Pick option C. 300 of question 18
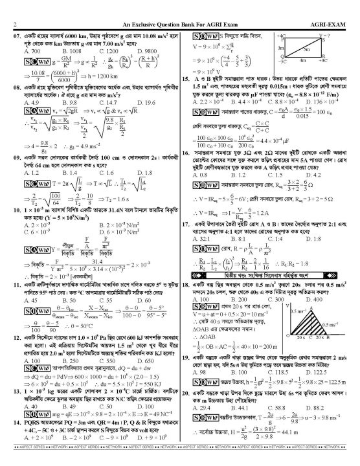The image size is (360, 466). (x=280, y=282)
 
